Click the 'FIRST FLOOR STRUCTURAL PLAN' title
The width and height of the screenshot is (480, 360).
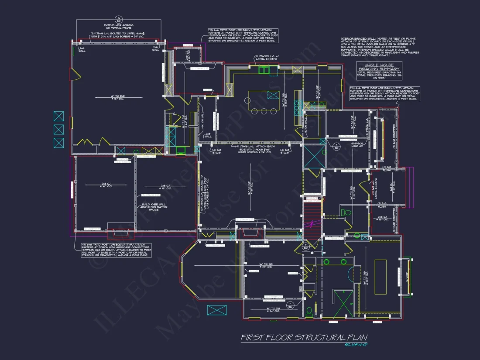pos(304,338)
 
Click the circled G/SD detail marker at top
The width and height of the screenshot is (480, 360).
pos(118,20)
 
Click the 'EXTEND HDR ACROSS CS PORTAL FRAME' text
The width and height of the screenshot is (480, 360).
pos(118,27)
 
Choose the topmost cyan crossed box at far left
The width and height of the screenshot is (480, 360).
pos(58,116)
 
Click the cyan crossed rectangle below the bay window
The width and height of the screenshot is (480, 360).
pos(217,310)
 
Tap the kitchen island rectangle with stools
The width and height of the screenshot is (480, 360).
pos(264,101)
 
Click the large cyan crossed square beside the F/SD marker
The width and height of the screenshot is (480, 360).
pos(314,156)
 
